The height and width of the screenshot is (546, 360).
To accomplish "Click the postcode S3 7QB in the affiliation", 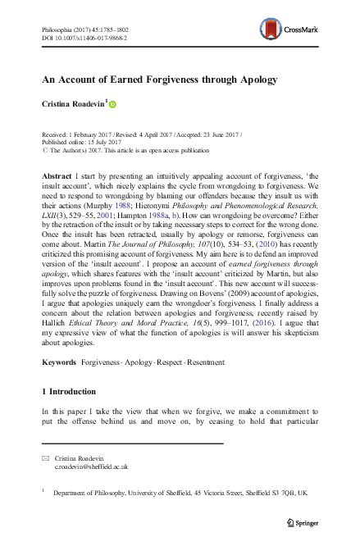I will (x=285, y=494).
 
